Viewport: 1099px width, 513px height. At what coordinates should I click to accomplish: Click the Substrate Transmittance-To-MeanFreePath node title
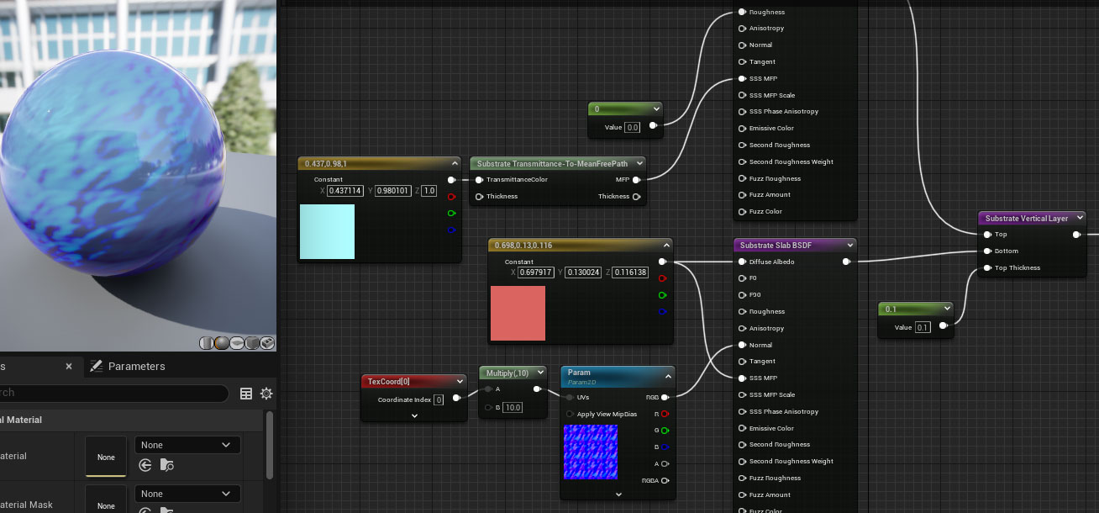click(555, 163)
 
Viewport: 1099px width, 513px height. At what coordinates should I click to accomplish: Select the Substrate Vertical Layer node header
click(1026, 218)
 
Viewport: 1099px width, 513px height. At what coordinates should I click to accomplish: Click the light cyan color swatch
click(327, 231)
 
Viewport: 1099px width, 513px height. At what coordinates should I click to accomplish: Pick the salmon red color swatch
click(518, 313)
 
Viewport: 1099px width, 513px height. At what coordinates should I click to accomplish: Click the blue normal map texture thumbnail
click(590, 452)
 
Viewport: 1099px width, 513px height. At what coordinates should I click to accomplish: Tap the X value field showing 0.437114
click(345, 191)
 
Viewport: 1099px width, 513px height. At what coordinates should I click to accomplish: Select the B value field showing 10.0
click(513, 408)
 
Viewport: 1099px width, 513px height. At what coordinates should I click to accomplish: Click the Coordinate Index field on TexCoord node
click(439, 400)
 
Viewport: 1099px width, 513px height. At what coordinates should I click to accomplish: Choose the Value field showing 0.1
click(923, 327)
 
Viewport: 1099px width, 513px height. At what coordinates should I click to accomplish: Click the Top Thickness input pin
click(987, 268)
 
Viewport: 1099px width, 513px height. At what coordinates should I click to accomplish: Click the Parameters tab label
click(136, 367)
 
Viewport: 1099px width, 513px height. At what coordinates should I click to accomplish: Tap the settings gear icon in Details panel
click(266, 394)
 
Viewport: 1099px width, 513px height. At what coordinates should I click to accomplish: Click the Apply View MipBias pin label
click(607, 414)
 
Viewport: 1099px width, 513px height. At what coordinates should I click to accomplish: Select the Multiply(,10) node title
click(507, 373)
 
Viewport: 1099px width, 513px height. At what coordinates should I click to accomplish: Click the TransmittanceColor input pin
click(480, 180)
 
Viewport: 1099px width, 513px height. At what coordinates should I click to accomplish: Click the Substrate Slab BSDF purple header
click(786, 246)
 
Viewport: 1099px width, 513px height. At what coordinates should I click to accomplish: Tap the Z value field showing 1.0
click(429, 191)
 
